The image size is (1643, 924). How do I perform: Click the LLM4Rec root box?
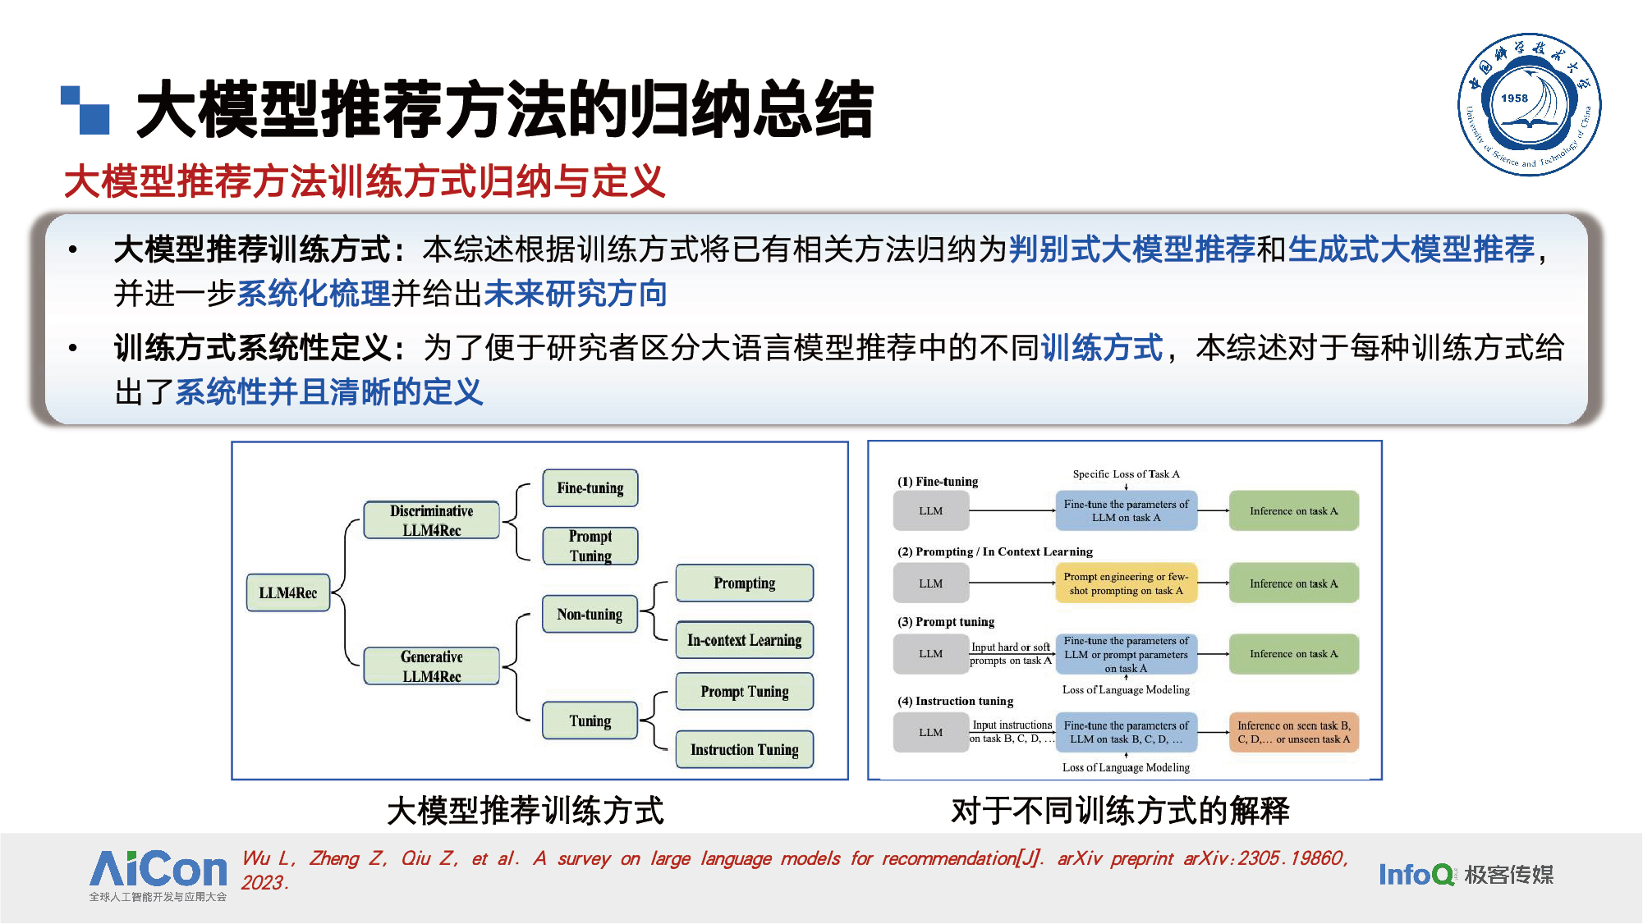point(288,592)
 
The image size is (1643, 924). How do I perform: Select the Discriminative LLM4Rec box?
point(432,520)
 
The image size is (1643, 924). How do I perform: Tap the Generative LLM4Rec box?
point(432,666)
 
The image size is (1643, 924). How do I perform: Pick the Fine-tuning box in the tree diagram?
point(590,488)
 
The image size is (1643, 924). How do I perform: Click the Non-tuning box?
point(590,614)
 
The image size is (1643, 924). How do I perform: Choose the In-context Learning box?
point(744,640)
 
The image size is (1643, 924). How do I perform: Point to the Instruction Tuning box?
point(744,749)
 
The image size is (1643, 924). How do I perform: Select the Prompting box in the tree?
point(744,583)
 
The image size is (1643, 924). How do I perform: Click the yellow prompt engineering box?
point(1126,583)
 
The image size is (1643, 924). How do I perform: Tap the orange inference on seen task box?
point(1293,732)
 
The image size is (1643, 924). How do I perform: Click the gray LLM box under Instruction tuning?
point(930,732)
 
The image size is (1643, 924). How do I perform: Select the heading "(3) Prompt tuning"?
point(946,622)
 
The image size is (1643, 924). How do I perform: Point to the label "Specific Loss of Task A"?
point(1126,474)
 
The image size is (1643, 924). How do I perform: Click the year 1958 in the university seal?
point(1515,98)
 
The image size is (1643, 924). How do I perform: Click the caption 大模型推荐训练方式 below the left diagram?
point(525,811)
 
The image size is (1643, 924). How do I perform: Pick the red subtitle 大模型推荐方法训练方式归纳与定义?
point(365,181)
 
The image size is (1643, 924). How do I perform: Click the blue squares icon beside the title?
point(85,110)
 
